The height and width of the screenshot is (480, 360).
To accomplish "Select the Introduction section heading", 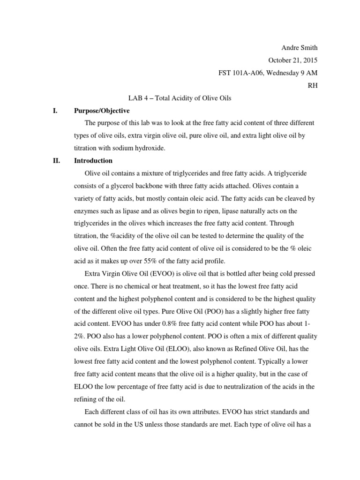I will pyautogui.click(x=93, y=161).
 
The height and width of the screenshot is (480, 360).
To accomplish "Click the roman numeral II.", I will pyautogui.click(x=56, y=161).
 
